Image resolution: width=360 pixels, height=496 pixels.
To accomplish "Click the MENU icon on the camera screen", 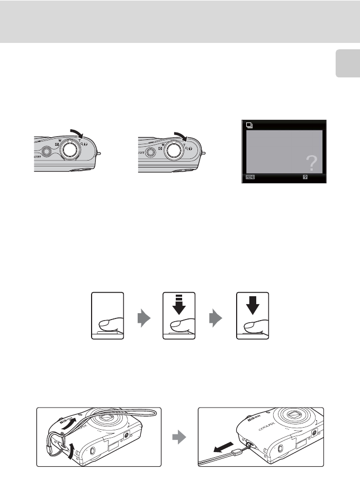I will point(250,178).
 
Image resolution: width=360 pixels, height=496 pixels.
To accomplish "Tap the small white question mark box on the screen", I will point(305,178).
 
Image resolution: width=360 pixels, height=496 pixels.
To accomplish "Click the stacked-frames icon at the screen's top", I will point(250,125).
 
